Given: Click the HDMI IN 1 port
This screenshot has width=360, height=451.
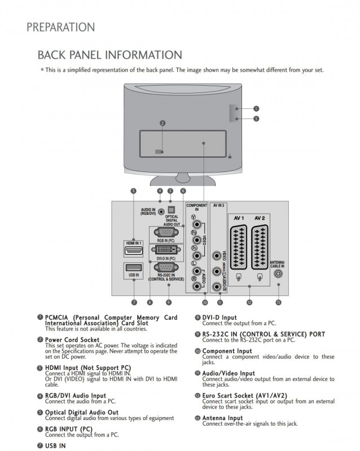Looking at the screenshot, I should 133,250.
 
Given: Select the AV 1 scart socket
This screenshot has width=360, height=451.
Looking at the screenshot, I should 239,246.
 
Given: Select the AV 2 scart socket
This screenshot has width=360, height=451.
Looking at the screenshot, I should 260,246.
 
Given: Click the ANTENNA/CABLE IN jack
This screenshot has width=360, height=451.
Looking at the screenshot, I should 278,274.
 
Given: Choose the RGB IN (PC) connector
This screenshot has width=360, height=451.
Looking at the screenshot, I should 166,232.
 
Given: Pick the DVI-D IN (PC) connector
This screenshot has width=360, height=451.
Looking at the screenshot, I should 166,249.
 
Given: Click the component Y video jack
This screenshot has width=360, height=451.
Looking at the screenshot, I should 195,216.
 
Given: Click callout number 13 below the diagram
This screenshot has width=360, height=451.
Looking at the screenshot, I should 278,303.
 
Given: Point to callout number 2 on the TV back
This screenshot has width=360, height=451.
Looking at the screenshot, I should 162,123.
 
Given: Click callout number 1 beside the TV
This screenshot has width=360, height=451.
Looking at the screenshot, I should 256,108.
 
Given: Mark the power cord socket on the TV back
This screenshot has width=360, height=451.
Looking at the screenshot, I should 160,151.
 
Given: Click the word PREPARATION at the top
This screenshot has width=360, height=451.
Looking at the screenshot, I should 60,27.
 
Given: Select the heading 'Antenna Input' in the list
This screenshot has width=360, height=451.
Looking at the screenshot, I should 222,418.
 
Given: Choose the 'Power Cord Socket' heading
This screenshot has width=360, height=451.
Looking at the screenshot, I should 72,340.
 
